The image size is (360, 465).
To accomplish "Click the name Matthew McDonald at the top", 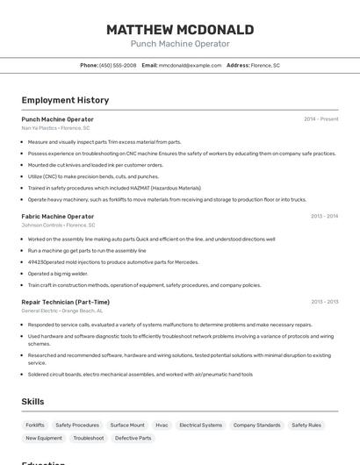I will (180, 30).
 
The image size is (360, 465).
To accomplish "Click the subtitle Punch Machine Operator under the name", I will (180, 44).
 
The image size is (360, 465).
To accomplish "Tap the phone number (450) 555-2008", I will (118, 66).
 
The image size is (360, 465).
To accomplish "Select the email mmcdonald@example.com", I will (190, 66).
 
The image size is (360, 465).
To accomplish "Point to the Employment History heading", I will (65, 100).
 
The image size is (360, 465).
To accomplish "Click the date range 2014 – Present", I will (320, 119).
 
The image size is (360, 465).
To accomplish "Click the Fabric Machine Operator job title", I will (57, 216).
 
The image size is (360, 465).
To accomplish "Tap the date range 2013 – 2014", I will (324, 216).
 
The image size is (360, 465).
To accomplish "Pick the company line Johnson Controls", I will (58, 225).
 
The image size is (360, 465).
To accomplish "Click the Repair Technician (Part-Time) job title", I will (65, 302).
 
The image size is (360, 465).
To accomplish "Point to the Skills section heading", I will (32, 402).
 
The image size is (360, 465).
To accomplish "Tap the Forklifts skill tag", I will (35, 425).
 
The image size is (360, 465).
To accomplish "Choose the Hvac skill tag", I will (162, 425).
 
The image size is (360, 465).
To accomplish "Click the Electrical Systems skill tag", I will (200, 425).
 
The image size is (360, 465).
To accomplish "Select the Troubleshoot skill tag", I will (88, 438).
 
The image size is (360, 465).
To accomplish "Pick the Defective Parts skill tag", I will (133, 438).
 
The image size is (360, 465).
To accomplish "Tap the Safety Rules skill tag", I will (306, 425).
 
